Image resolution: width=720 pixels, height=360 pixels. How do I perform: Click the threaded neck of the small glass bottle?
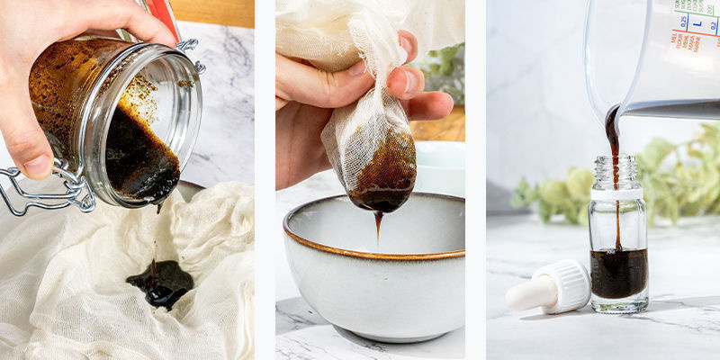(617, 171)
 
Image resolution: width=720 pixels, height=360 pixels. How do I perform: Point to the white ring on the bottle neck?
(617, 193)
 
